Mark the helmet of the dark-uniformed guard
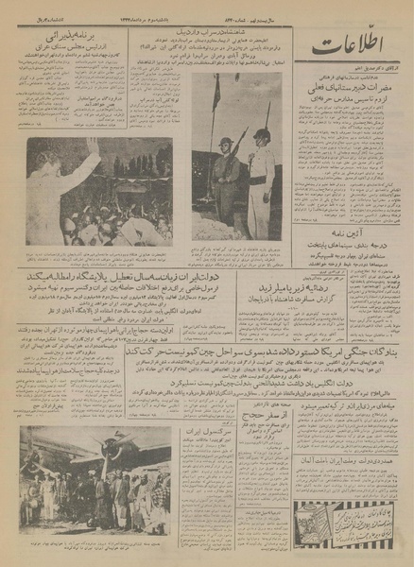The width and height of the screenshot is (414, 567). point(226,145)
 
